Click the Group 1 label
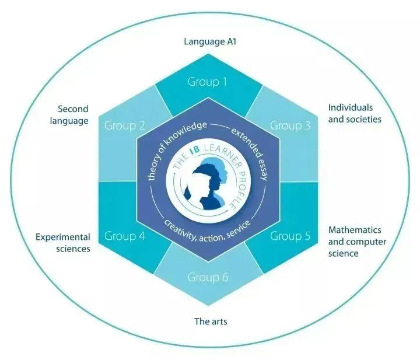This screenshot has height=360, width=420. pyautogui.click(x=207, y=82)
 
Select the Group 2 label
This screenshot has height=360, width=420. pyautogui.click(x=124, y=125)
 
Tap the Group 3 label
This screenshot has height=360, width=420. pyautogui.click(x=290, y=125)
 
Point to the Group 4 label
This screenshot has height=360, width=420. pyautogui.click(x=124, y=236)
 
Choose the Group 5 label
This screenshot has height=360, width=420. pyautogui.click(x=290, y=236)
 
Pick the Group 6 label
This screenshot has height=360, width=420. pyautogui.click(x=207, y=277)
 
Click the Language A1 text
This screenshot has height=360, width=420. pyautogui.click(x=209, y=41)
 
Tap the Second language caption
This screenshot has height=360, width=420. pyautogui.click(x=73, y=115)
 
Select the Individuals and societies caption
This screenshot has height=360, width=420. pyautogui.click(x=355, y=113)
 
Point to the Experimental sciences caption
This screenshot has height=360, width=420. pyautogui.click(x=63, y=243)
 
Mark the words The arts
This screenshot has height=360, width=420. pyautogui.click(x=210, y=321)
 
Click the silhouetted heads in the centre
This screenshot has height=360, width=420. pyautogui.click(x=208, y=183)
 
